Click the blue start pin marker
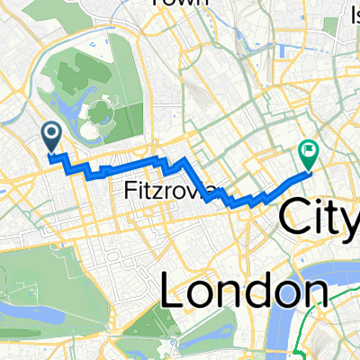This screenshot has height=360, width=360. click(50, 136)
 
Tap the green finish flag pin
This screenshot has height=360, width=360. click(308, 157)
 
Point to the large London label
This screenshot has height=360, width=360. click(243, 290)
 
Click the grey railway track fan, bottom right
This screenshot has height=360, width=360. click(342, 346)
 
